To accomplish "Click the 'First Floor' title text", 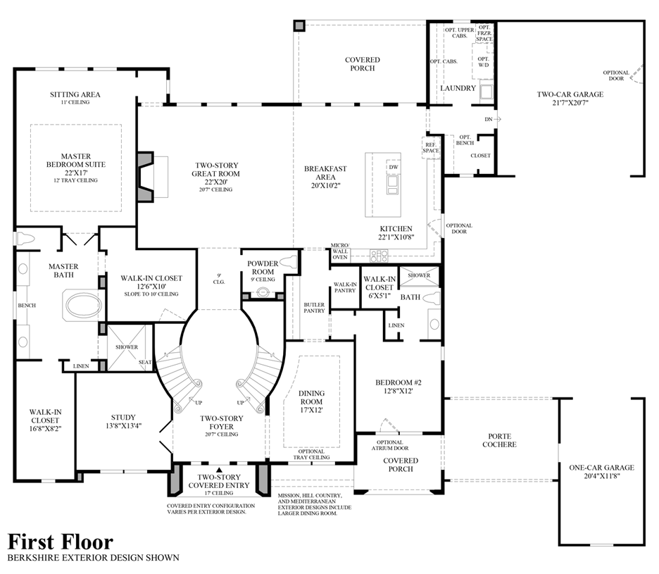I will [x=60, y=541].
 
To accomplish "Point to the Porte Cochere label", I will [x=501, y=439].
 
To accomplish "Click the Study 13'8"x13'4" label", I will [x=123, y=421].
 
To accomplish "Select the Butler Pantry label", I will [x=314, y=308].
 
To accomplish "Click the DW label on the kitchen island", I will [x=393, y=167].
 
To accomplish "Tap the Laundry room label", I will [x=458, y=88].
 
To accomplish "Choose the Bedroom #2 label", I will [x=398, y=387].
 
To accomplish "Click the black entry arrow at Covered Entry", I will [x=219, y=469].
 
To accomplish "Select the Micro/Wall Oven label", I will [x=340, y=252].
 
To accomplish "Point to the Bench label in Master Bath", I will [x=27, y=305].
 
